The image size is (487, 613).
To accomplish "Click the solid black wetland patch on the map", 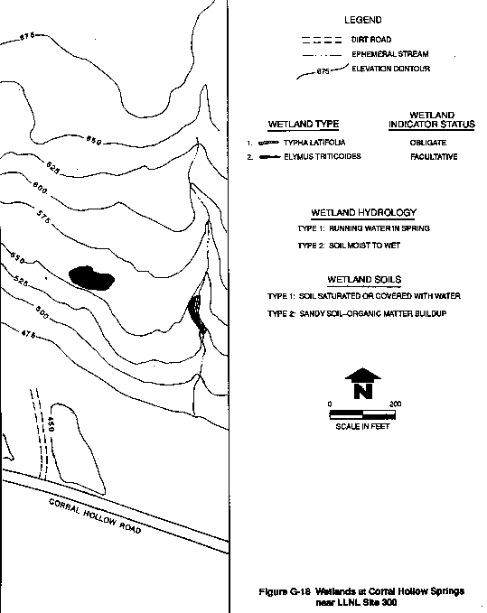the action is tap(91, 278).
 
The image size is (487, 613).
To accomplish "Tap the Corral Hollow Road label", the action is tap(95, 516).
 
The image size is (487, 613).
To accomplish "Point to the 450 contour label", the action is tap(50, 424).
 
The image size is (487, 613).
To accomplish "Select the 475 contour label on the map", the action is tap(28, 334).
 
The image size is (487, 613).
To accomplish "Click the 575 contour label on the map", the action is tap(43, 217).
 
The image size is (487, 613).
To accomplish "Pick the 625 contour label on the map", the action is tap(52, 168).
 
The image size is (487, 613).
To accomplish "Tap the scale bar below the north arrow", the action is tap(362, 414).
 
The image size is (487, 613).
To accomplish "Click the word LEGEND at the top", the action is tap(363, 20).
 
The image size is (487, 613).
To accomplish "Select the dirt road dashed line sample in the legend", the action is tap(322, 40).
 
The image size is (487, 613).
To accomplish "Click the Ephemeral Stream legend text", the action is tap(390, 54).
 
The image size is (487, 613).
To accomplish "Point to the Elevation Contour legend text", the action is tap(390, 69).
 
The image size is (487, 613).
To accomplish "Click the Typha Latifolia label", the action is tap(314, 143).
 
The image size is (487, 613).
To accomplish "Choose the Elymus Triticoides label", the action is tap(323, 156).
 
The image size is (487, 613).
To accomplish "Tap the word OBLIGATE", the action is tap(428, 143).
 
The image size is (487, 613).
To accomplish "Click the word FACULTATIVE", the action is tap(434, 157).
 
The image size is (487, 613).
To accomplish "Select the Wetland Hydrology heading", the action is tap(364, 213).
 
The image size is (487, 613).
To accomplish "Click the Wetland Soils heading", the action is tap(364, 280).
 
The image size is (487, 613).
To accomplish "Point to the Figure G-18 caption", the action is tap(361, 597).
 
